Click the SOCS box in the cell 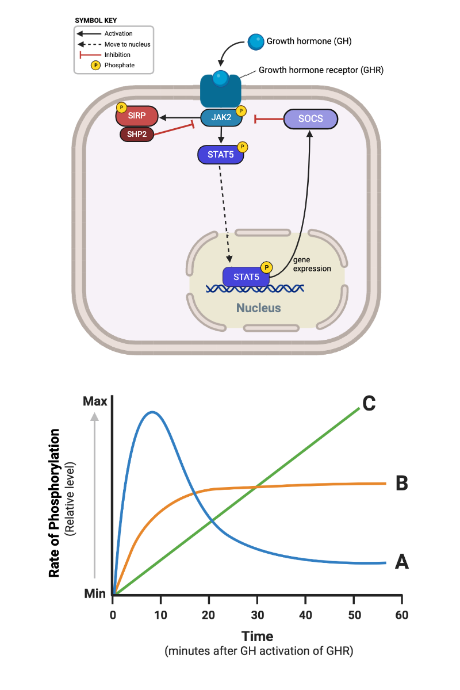310,119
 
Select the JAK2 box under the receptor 220,117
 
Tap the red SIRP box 137,116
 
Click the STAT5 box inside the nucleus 246,277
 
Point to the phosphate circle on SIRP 121,108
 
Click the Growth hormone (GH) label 309,41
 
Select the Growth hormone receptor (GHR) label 321,70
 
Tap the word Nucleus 259,308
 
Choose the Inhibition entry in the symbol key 118,55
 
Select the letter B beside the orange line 402,484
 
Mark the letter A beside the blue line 402,562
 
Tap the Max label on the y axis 95,401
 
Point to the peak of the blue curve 152,412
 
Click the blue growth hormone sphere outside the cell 256,41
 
